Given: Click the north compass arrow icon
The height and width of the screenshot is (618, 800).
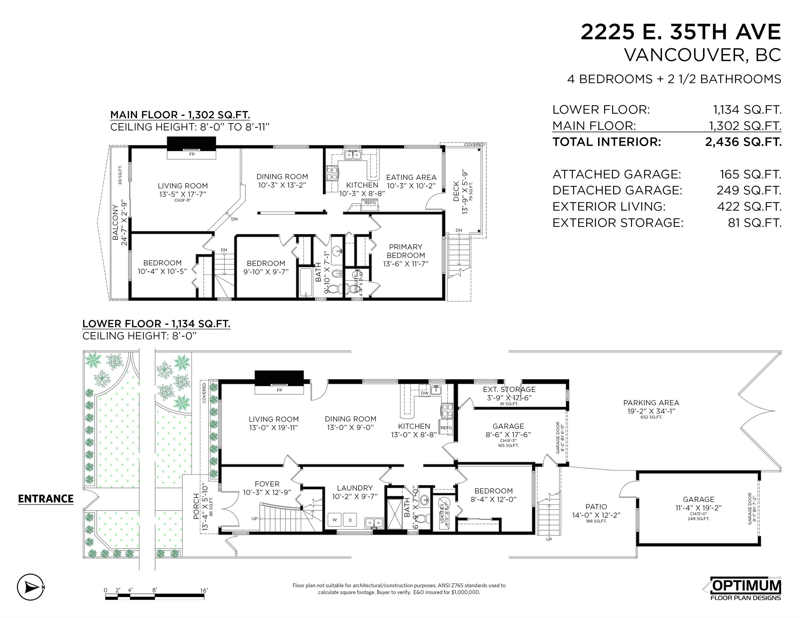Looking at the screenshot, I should click(x=30, y=587).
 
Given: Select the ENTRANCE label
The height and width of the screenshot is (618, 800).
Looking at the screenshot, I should click(x=46, y=499).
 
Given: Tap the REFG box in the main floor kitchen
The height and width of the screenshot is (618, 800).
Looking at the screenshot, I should click(x=370, y=203).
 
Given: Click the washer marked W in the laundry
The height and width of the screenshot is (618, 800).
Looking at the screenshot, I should click(x=334, y=520).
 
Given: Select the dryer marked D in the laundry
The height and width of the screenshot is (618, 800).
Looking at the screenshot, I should click(x=350, y=520).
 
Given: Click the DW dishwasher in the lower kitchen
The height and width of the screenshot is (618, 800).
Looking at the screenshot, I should click(x=424, y=393).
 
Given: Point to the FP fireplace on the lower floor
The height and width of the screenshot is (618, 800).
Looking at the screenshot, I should click(x=279, y=390).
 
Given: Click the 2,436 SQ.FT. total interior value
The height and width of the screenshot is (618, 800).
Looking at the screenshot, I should click(x=743, y=142).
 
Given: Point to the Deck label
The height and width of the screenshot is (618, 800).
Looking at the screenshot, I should click(x=456, y=191).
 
